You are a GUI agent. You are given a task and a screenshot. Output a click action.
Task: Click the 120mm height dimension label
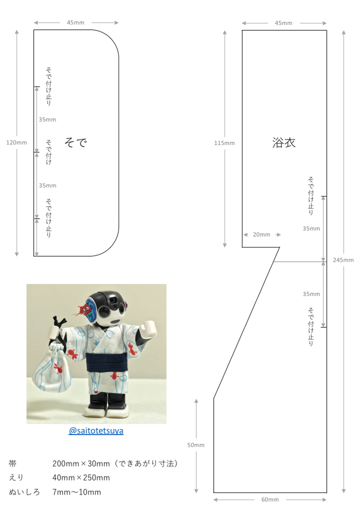click(17, 142)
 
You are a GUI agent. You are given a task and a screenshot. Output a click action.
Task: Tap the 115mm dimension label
click(224, 143)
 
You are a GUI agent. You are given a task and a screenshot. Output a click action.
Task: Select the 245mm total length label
click(343, 260)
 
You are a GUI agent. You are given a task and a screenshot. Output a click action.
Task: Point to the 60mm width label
click(270, 499)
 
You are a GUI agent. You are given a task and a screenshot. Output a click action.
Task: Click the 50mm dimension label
click(196, 445)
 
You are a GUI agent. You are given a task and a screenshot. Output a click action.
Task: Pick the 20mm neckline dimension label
click(262, 235)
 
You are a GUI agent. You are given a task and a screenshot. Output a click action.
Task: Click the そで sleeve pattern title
click(75, 142)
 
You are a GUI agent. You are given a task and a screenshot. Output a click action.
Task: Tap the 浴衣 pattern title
click(284, 142)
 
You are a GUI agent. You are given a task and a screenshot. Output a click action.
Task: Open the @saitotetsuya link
click(96, 431)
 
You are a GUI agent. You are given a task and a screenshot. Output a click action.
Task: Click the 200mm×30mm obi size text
click(81, 464)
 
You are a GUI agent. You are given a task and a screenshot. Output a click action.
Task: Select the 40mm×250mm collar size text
click(81, 478)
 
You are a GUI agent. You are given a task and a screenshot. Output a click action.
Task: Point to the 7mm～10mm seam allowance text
click(76, 492)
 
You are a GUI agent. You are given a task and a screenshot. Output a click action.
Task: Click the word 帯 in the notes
click(12, 464)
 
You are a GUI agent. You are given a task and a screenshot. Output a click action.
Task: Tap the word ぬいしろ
click(24, 492)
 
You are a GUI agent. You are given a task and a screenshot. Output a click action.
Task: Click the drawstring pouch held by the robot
click(52, 369)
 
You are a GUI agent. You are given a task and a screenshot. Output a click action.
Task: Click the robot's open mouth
click(115, 321)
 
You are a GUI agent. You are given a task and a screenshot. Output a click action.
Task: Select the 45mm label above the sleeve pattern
click(75, 22)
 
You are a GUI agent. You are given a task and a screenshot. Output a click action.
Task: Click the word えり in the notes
click(16, 478)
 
